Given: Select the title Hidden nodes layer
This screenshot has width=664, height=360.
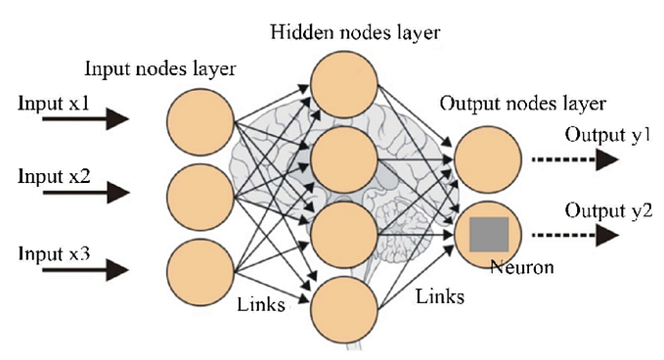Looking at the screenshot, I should (356, 32).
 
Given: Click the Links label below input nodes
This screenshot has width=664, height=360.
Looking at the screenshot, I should (260, 304).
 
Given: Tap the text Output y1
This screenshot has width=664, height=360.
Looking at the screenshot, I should (604, 132).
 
